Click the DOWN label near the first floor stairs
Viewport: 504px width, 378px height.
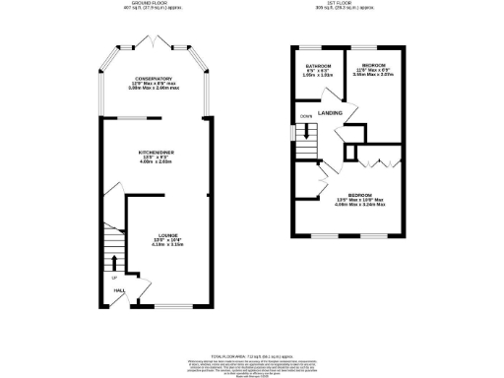click(305, 116)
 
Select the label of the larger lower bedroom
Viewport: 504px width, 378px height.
click(359, 195)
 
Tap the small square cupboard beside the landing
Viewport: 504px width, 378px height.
click(351, 155)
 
